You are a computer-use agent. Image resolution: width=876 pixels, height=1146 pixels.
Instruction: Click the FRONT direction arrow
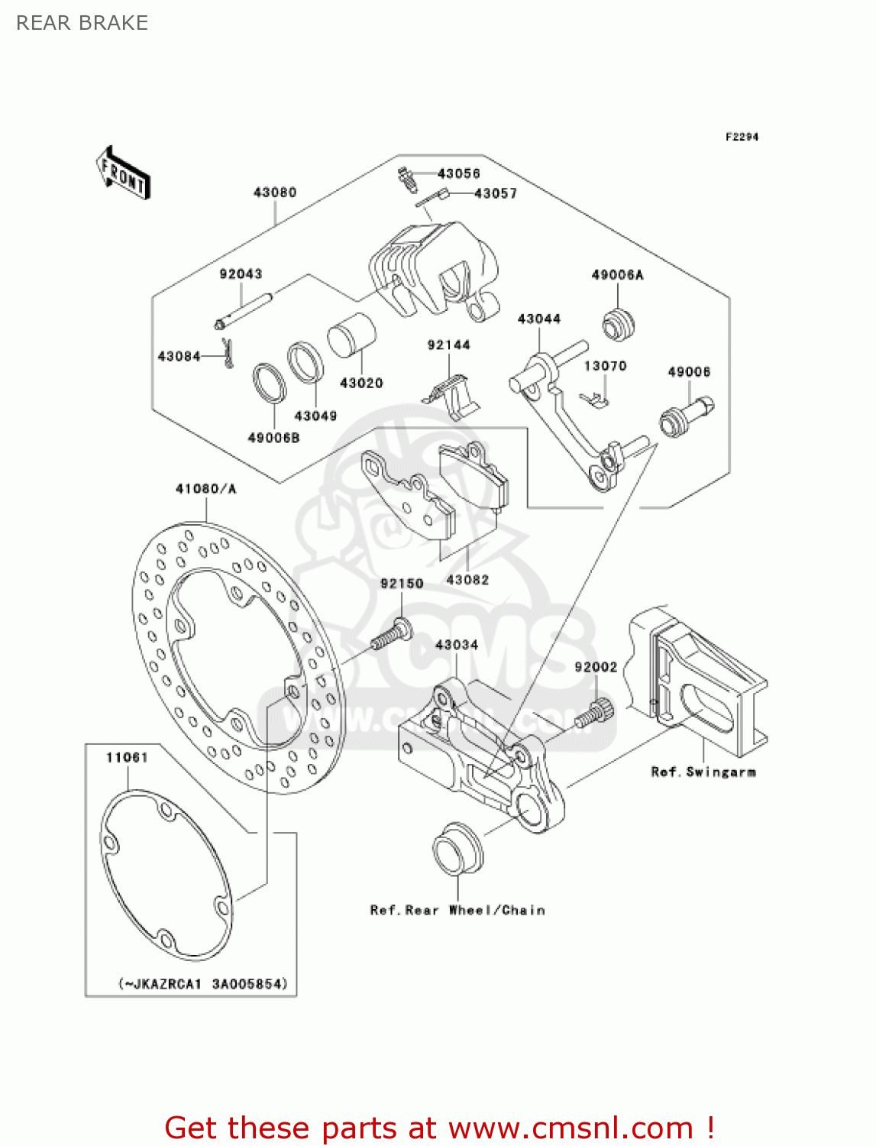[x=123, y=173]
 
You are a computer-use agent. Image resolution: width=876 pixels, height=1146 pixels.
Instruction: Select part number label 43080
[x=275, y=193]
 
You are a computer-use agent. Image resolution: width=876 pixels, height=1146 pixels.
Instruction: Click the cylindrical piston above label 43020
[x=351, y=335]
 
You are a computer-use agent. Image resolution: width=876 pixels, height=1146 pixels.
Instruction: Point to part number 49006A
[x=617, y=275]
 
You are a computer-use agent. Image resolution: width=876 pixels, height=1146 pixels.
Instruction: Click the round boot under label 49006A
[x=618, y=325]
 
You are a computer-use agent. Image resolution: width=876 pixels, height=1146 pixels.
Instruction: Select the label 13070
[x=605, y=366]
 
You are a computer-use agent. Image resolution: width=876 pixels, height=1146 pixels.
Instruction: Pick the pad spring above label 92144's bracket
[x=451, y=392]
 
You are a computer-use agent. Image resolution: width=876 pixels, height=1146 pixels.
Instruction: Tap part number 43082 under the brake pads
[x=467, y=580]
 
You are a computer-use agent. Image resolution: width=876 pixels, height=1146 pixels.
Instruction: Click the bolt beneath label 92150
[x=392, y=635]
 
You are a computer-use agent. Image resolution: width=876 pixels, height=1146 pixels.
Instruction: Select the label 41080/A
[x=205, y=488]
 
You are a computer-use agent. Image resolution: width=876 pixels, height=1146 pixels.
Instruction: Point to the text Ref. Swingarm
[x=703, y=772]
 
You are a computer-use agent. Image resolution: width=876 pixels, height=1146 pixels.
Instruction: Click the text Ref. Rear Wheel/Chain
[x=457, y=910]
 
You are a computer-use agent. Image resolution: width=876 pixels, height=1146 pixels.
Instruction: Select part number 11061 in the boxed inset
[x=127, y=757]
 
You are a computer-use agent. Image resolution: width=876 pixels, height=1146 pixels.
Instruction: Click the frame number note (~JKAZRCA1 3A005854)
[x=202, y=983]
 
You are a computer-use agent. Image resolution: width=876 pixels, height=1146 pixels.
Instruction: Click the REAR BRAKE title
[x=82, y=23]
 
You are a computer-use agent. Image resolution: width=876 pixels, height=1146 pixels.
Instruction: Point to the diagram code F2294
[x=741, y=137]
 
